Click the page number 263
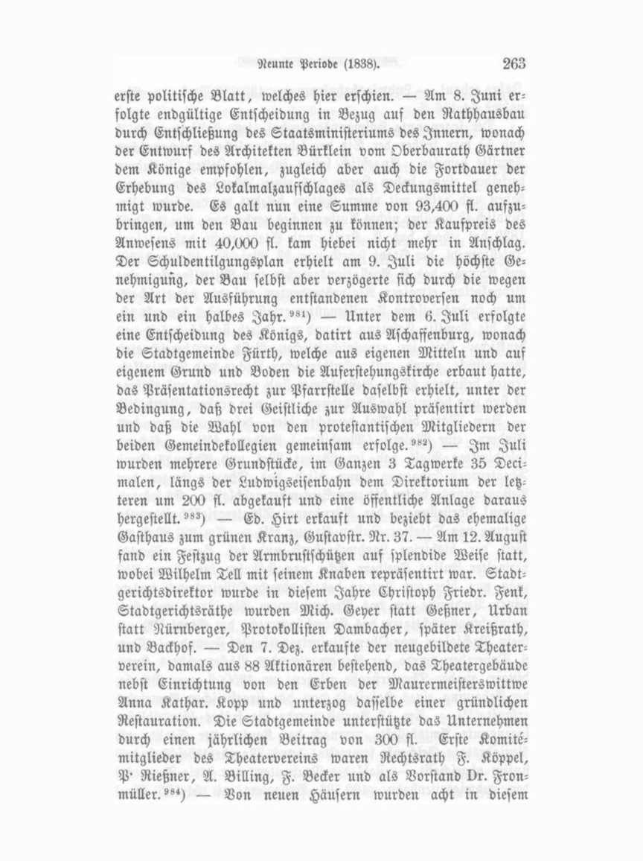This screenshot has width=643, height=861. [513, 65]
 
